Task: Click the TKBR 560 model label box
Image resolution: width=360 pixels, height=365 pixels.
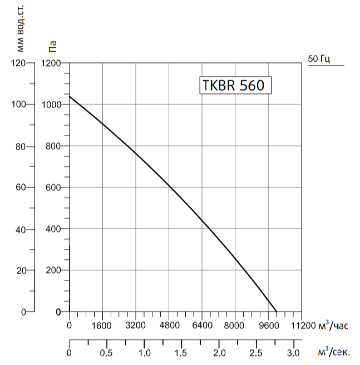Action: pyautogui.click(x=235, y=86)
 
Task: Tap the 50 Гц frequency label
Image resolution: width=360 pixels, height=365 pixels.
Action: pyautogui.click(x=318, y=58)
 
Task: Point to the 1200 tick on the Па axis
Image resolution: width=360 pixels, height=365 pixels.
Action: pyautogui.click(x=51, y=63)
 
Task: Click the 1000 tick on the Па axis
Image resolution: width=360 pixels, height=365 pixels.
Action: pyautogui.click(x=51, y=105)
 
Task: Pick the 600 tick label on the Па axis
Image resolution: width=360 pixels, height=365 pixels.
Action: pyautogui.click(x=53, y=188)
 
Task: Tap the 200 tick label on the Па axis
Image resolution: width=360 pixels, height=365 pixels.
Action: pyautogui.click(x=53, y=270)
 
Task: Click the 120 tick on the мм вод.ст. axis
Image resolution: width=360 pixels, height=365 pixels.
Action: pyautogui.click(x=18, y=63)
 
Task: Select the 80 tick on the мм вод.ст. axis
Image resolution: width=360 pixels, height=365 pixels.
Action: pyautogui.click(x=21, y=146)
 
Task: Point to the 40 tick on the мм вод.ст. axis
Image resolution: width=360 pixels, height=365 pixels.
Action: pyautogui.click(x=21, y=229)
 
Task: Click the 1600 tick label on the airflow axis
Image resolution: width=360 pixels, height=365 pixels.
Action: pyautogui.click(x=102, y=325)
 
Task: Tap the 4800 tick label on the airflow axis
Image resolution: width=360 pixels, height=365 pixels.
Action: pyautogui.click(x=169, y=325)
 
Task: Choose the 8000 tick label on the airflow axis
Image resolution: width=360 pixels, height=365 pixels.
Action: pyautogui.click(x=235, y=325)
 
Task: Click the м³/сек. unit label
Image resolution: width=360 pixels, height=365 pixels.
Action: pyautogui.click(x=334, y=353)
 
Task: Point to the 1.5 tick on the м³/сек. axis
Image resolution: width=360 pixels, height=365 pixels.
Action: pyautogui.click(x=181, y=353)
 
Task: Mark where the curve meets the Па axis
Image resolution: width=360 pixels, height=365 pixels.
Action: pyautogui.click(x=69, y=96)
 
